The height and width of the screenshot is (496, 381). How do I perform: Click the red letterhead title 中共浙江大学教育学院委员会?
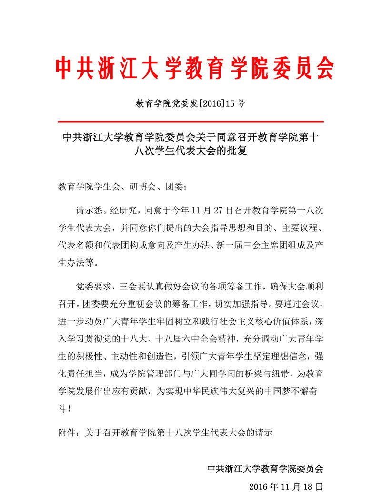pyautogui.click(x=194, y=69)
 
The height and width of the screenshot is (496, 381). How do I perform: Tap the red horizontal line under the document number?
pyautogui.click(x=190, y=122)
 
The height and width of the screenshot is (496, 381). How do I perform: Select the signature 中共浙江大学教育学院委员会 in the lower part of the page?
pyautogui.click(x=265, y=468)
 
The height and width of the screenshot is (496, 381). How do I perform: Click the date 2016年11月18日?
pyautogui.click(x=286, y=486)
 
